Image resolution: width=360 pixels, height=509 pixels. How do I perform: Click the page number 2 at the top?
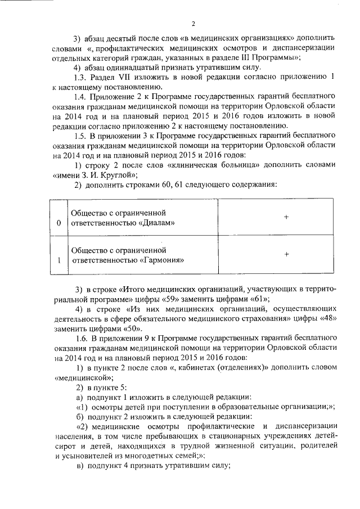pyautogui.click(x=192, y=24)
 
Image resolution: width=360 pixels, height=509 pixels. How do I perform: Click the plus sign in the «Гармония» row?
pyautogui.click(x=286, y=255)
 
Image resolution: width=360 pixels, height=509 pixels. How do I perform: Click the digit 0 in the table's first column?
pyautogui.click(x=59, y=224)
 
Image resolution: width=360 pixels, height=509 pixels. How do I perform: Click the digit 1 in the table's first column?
pyautogui.click(x=59, y=261)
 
